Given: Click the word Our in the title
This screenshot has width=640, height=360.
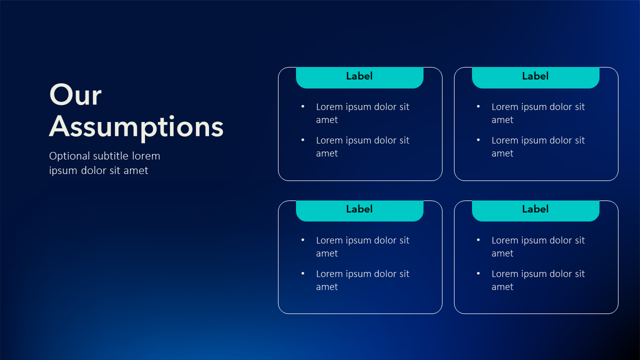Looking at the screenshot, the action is tap(75, 95).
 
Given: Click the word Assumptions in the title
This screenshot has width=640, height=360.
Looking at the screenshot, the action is tap(136, 127).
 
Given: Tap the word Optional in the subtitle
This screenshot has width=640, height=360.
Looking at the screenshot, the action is tap(69, 156).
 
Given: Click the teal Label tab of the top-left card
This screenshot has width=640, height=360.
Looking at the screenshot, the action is tap(359, 77).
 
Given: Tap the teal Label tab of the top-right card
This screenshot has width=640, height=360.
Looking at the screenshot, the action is tap(535, 77).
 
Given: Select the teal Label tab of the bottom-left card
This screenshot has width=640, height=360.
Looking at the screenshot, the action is tap(359, 210).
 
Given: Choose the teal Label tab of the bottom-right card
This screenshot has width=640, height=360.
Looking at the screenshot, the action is tap(535, 210).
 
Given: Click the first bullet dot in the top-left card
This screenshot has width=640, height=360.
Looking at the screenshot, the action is tap(303, 106).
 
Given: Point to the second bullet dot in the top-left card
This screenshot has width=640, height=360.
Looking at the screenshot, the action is tap(303, 140).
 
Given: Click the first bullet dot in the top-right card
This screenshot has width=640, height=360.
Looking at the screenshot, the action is tap(478, 106).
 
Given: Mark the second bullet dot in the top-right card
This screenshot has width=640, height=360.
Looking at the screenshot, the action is tap(478, 140).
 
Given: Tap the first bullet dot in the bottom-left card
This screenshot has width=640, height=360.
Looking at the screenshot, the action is tap(303, 240).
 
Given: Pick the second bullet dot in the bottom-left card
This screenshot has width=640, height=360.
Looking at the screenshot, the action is tap(303, 273).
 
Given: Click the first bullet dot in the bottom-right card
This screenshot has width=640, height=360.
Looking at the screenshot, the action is tap(478, 240).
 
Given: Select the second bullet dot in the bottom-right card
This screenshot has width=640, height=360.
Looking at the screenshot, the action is tap(478, 273).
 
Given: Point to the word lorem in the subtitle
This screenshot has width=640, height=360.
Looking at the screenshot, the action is tap(146, 156).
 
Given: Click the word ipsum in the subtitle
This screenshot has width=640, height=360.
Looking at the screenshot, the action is tap(63, 171).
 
